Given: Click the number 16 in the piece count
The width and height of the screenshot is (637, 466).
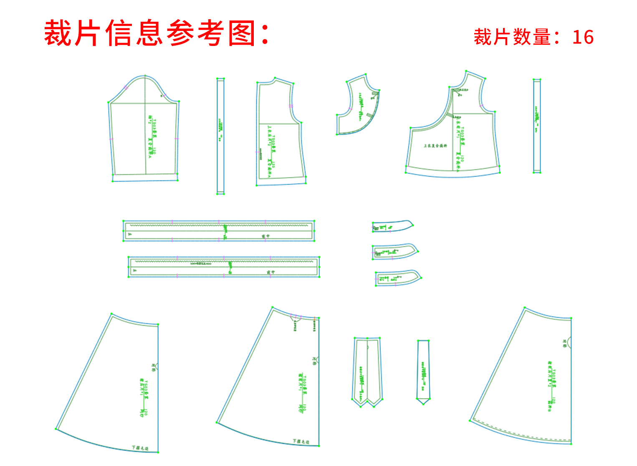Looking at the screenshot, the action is [x=583, y=37].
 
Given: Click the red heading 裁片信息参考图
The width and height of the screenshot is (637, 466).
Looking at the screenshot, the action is [x=157, y=33].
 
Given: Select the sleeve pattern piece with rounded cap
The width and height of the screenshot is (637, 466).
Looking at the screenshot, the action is [x=144, y=134].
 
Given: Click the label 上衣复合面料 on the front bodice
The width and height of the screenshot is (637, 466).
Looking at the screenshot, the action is [x=435, y=146].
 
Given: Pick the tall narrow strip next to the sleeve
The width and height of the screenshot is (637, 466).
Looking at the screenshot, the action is [x=220, y=136].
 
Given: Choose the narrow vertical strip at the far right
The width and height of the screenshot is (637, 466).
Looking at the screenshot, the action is [x=537, y=126].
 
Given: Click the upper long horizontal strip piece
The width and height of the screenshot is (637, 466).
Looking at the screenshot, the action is [x=219, y=231].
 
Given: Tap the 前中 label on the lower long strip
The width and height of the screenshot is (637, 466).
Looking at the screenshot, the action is [x=271, y=272].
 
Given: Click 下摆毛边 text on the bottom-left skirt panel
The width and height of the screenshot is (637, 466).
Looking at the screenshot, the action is [x=140, y=448].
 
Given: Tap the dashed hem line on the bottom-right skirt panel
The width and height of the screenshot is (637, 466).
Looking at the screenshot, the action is [x=522, y=432].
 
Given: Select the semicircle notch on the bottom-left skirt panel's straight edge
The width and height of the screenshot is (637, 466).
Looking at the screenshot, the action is [x=157, y=367].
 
